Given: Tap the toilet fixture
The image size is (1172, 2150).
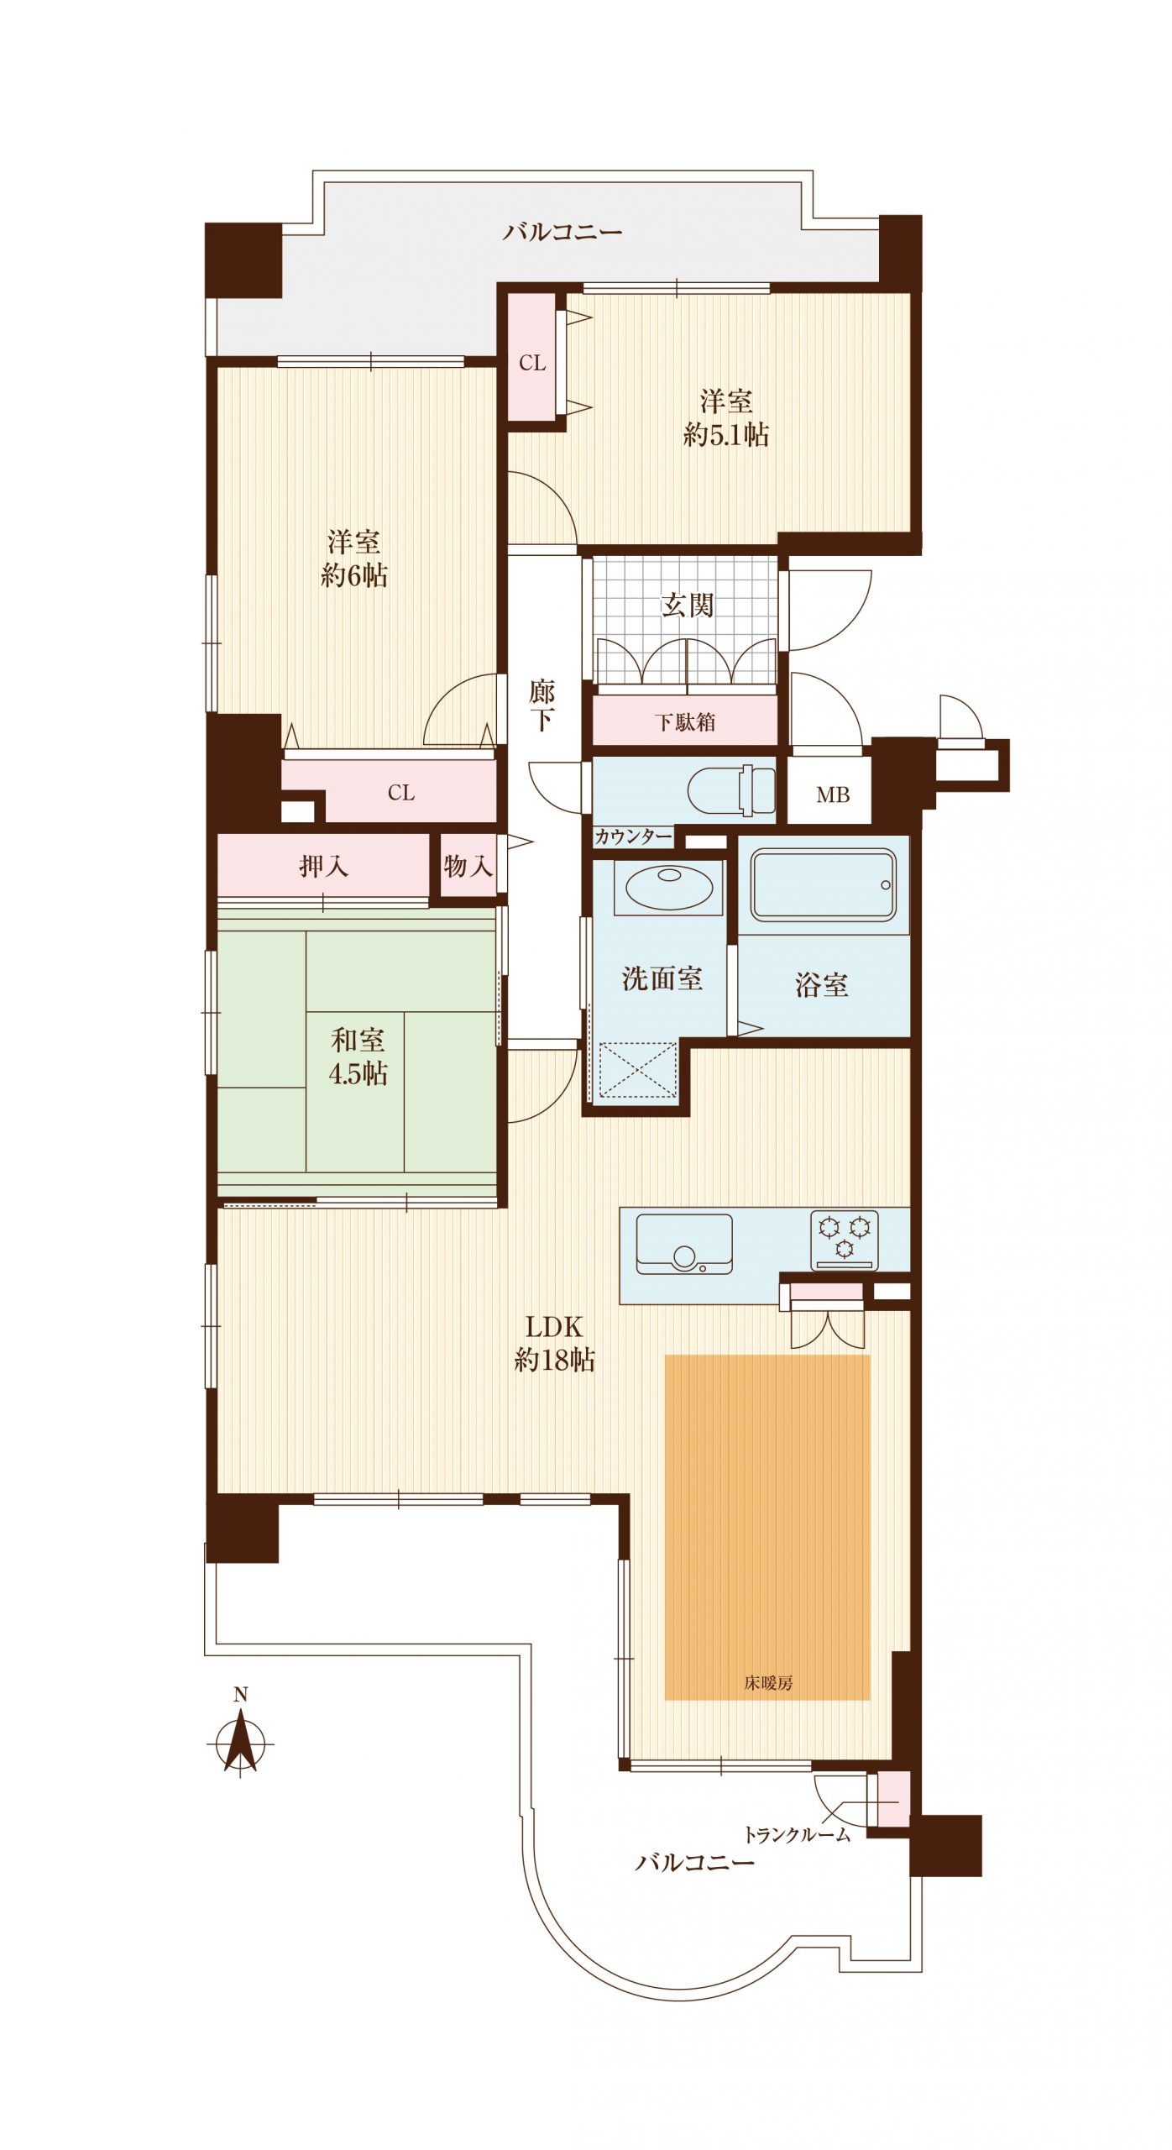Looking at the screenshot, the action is (x=731, y=790).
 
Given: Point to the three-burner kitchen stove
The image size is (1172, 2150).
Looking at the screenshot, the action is (x=845, y=1240).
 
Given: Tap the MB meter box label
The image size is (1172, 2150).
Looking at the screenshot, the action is (x=833, y=794).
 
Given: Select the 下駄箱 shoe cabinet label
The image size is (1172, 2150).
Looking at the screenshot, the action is (x=685, y=721).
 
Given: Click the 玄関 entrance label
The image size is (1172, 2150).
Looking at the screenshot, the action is (x=688, y=605).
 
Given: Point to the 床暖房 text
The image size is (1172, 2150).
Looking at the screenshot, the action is (x=768, y=1682).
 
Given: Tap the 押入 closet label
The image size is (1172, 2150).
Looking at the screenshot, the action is (x=323, y=866).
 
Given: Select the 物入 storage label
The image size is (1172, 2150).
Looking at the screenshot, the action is (x=468, y=866).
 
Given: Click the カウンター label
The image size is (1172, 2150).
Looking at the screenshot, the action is (x=634, y=836).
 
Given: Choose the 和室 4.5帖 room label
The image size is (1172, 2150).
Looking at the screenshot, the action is (x=358, y=1057).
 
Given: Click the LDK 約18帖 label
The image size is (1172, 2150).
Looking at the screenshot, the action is (x=554, y=1343).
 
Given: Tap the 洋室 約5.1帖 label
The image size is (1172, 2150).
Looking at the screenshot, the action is (x=726, y=418).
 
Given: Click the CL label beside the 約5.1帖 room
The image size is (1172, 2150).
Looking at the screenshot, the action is (x=532, y=363).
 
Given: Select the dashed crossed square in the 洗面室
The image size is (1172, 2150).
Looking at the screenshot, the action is (x=639, y=1069).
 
